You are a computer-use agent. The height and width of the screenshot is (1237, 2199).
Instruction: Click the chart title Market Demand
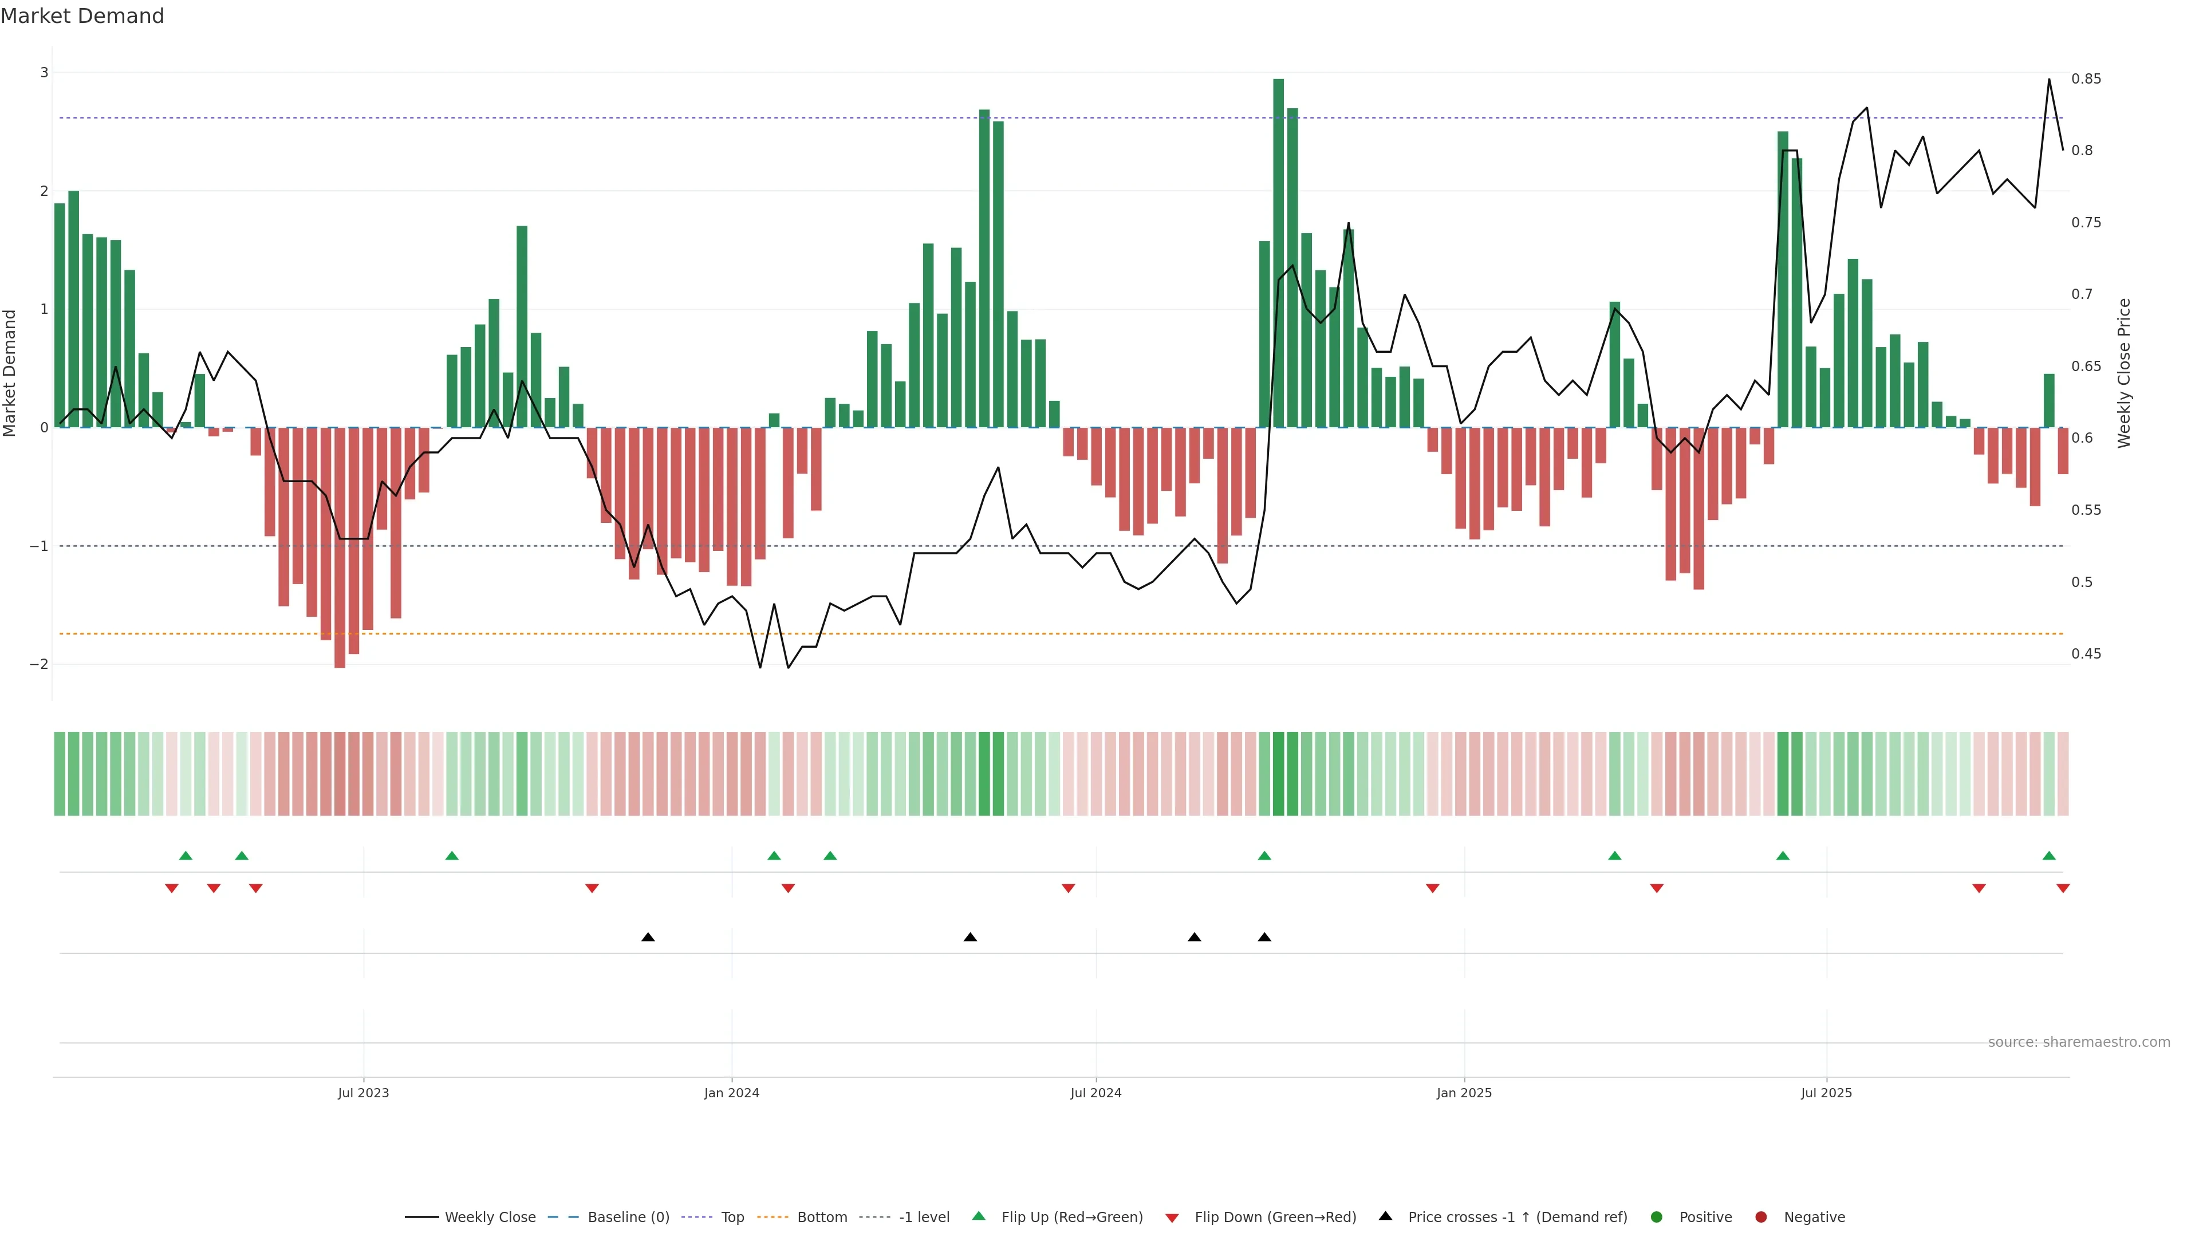[x=82, y=16]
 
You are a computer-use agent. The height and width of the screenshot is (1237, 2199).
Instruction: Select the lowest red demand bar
[x=340, y=546]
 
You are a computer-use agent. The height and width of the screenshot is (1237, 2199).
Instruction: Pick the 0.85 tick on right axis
[x=2086, y=78]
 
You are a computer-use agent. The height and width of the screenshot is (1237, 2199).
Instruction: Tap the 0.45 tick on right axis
[x=2086, y=654]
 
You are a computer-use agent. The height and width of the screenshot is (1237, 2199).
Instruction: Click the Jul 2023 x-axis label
[x=363, y=1093]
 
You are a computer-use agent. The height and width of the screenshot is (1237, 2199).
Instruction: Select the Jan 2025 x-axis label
[x=1464, y=1093]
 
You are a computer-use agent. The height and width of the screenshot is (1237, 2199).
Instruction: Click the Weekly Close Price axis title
[x=2124, y=373]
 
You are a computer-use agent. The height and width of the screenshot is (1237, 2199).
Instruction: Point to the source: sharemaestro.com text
[x=2079, y=1042]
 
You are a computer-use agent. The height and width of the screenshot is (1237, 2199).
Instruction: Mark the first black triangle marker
[x=648, y=937]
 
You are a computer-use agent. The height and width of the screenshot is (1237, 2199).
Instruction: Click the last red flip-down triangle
[x=2063, y=889]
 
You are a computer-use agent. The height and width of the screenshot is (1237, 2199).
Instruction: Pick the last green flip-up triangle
[x=2049, y=856]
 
